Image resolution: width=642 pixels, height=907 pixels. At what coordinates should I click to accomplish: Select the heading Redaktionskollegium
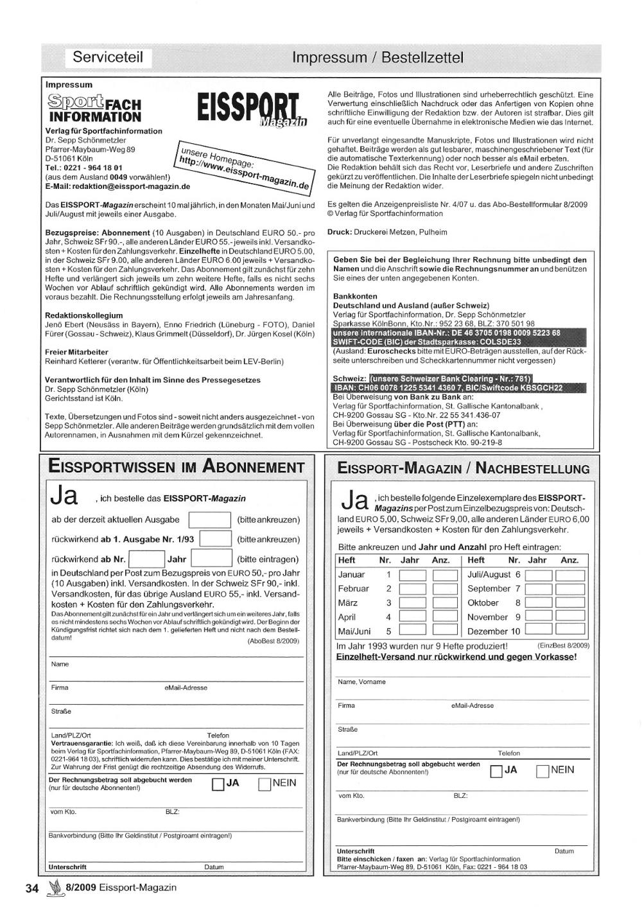[x=83, y=315]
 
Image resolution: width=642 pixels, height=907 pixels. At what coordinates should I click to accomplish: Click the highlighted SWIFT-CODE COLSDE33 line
[x=427, y=342]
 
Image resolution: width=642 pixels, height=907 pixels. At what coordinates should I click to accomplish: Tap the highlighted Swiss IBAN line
[x=447, y=388]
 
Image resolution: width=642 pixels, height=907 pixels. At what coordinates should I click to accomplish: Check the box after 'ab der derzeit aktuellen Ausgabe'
[x=209, y=520]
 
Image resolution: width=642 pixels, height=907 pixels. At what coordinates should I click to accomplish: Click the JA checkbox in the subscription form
[x=218, y=784]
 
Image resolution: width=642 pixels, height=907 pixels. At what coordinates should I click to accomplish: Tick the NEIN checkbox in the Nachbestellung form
[x=543, y=771]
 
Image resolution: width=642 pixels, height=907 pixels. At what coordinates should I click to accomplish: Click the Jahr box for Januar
[x=412, y=575]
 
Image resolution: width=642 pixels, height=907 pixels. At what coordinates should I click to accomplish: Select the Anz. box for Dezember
[x=570, y=631]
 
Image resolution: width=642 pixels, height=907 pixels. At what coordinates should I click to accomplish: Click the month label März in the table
[x=347, y=603]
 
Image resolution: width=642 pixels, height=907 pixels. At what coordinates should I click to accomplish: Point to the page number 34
[x=32, y=888]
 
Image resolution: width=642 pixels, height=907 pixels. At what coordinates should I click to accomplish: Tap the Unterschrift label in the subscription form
[x=67, y=867]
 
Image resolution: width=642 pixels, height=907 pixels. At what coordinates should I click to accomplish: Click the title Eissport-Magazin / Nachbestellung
[x=463, y=469]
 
